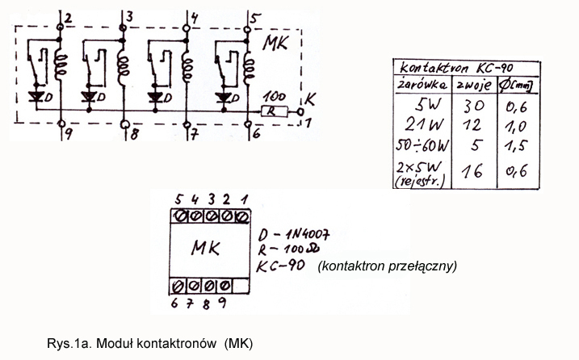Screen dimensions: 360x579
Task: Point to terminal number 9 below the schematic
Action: click(69, 133)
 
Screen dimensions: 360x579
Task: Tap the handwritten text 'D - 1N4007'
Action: click(292, 234)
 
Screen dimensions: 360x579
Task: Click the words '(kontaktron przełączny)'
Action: click(388, 265)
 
